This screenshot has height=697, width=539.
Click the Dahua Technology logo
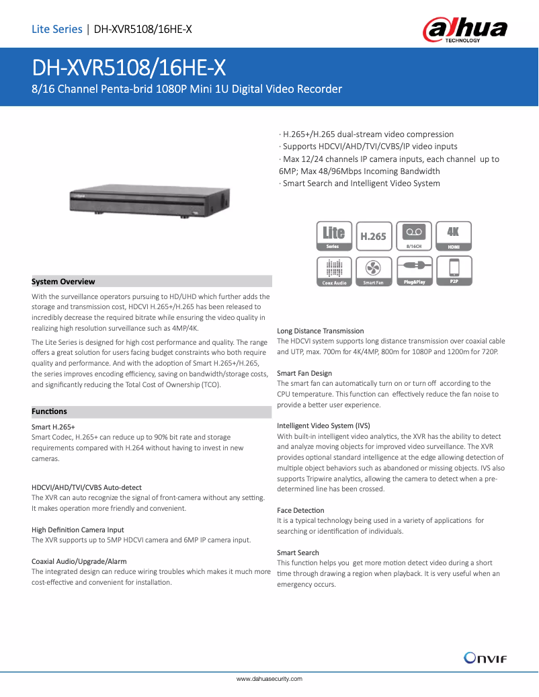point(464,30)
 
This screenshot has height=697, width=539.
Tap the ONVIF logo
point(485,657)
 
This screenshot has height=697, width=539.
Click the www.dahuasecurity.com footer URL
point(269,679)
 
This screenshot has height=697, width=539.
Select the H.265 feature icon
point(374,236)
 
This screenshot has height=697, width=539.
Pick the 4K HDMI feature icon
point(454,236)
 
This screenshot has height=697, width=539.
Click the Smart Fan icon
point(374,271)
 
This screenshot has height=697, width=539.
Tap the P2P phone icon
point(454,271)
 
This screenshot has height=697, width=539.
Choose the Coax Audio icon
point(334,271)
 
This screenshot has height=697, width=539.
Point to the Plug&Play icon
point(414,271)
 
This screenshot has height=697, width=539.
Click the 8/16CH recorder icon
point(414,236)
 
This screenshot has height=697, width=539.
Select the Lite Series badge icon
point(334,236)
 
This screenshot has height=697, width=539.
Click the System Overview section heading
point(64,282)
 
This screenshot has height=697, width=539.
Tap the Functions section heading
point(50,411)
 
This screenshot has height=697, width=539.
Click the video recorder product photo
point(148,200)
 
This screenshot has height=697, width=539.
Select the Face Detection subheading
point(300,510)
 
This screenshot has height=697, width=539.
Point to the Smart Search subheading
point(298,552)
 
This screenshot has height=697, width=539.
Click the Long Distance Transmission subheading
point(321,331)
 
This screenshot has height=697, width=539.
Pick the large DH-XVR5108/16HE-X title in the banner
point(129,68)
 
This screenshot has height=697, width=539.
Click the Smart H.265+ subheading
point(53,427)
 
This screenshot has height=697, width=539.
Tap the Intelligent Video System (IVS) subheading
point(323,425)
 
